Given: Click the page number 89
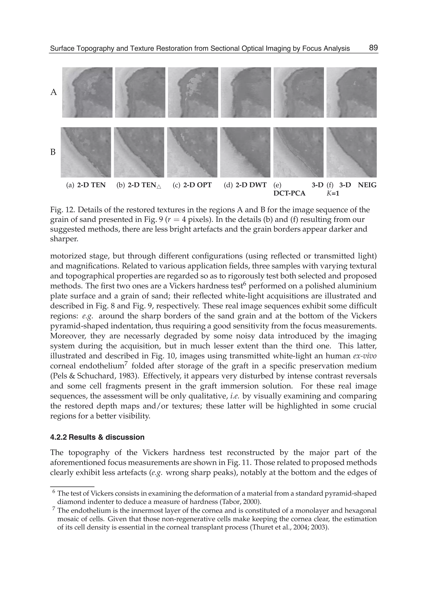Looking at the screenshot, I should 373,48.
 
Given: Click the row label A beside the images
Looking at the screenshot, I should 53,92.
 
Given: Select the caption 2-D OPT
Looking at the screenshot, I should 197,185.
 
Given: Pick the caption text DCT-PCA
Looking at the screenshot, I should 289,193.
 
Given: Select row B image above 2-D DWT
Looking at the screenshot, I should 245,152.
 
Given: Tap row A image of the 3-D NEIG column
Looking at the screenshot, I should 351,92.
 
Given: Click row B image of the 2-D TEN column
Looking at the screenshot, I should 86,152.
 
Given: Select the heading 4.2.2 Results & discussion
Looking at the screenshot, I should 97,437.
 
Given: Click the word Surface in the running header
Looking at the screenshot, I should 60,49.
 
